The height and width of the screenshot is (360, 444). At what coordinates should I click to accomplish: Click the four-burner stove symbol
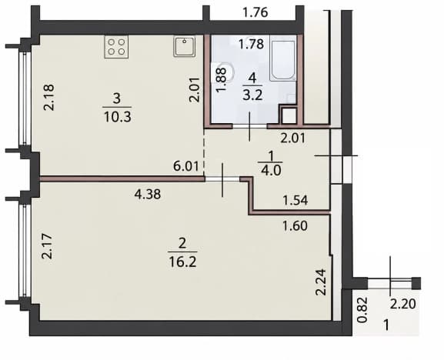tap(116, 47)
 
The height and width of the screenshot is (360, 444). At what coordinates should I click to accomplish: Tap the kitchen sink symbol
tap(185, 46)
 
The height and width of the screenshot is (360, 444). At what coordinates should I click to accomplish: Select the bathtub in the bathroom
tap(282, 61)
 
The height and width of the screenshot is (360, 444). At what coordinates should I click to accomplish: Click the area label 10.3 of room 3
tap(118, 117)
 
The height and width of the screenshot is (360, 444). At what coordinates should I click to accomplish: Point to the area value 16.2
tap(182, 262)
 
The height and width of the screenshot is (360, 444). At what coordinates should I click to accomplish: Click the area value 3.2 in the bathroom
tap(252, 95)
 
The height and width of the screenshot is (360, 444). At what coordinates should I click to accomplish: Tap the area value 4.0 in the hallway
tap(271, 171)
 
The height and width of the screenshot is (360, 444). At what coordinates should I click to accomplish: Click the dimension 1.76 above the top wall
tap(255, 13)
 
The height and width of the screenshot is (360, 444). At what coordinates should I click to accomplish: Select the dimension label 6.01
tap(186, 166)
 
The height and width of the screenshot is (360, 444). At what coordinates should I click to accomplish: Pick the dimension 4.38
tap(148, 194)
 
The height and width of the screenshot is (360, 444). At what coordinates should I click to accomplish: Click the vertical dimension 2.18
tap(48, 98)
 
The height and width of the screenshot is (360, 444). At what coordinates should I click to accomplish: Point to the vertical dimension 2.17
tap(47, 246)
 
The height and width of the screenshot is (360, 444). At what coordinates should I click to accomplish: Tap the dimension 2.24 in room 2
tap(321, 282)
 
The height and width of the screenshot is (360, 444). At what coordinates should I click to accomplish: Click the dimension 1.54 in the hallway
tap(295, 200)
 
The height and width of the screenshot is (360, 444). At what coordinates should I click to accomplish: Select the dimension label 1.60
tap(295, 226)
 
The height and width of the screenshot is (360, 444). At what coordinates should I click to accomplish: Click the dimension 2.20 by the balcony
tap(403, 305)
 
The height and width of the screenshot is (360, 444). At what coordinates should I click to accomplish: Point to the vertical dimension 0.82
tap(362, 310)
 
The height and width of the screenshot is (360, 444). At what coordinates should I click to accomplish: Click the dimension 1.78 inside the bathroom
tap(251, 44)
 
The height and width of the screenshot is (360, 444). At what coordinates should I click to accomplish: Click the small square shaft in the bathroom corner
tap(289, 115)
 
